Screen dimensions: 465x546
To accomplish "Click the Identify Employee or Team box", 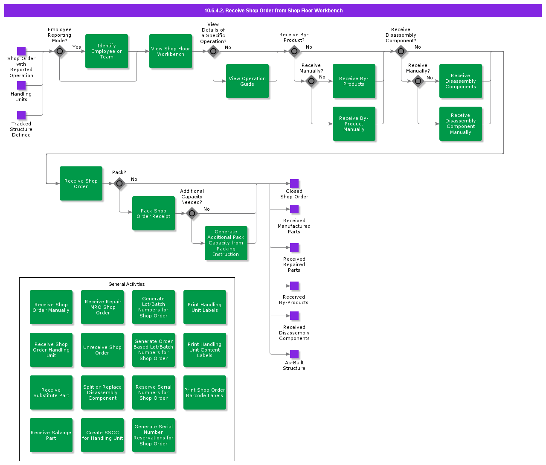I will pyautogui.click(x=107, y=51).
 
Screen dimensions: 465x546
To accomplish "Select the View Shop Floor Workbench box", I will pyautogui.click(x=171, y=51).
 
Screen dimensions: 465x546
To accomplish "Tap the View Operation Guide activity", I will pyautogui.click(x=247, y=81).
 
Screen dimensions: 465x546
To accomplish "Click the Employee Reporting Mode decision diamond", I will pyautogui.click(x=60, y=51).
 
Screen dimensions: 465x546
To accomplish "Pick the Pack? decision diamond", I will pyautogui.click(x=119, y=183).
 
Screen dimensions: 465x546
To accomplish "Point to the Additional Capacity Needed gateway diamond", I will pyautogui.click(x=192, y=213).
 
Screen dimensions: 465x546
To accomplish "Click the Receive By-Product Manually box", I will pyautogui.click(x=354, y=124).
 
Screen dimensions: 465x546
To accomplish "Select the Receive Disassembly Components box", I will pyautogui.click(x=461, y=81).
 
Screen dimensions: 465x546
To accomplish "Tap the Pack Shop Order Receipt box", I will pyautogui.click(x=154, y=213).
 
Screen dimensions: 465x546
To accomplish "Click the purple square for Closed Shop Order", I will pyautogui.click(x=294, y=183).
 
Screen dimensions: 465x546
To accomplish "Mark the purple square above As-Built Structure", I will pyautogui.click(x=294, y=354).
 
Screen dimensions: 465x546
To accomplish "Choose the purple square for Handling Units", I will pyautogui.click(x=21, y=85).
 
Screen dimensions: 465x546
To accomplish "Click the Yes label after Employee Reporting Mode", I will pyautogui.click(x=77, y=47).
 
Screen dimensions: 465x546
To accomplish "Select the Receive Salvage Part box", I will pyautogui.click(x=51, y=435).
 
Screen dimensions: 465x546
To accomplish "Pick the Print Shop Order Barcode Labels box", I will pyautogui.click(x=205, y=392).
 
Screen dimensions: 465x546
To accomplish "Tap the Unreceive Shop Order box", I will pyautogui.click(x=102, y=350).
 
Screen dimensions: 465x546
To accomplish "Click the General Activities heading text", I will pyautogui.click(x=127, y=284).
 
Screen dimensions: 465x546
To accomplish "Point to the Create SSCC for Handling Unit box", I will pyautogui.click(x=102, y=435).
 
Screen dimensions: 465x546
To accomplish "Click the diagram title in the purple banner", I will pyautogui.click(x=273, y=11).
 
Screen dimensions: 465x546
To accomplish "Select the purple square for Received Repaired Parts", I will pyautogui.click(x=294, y=247).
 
